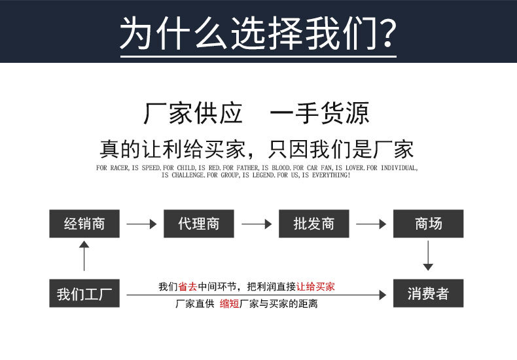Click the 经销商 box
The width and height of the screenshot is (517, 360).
pyautogui.click(x=84, y=224)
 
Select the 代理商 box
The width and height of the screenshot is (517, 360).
pyautogui.click(x=198, y=224)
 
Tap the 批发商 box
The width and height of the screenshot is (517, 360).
pyautogui.click(x=313, y=224)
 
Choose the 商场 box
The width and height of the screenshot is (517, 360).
pyautogui.click(x=428, y=224)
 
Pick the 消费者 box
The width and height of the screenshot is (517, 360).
pyautogui.click(x=428, y=294)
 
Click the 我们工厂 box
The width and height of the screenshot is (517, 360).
pyautogui.click(x=84, y=294)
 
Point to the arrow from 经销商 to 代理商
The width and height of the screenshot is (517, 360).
pyautogui.click(x=141, y=224)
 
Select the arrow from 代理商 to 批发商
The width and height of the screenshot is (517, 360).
pyautogui.click(x=256, y=224)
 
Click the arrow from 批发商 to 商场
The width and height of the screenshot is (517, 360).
pyautogui.click(x=371, y=224)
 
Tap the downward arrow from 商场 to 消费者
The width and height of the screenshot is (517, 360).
pyautogui.click(x=428, y=256)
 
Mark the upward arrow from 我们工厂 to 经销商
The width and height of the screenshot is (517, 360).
pyautogui.click(x=84, y=256)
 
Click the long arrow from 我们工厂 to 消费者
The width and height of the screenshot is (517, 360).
pyautogui.click(x=256, y=295)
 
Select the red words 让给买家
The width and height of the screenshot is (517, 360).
pyautogui.click(x=315, y=286)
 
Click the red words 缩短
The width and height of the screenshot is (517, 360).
pyautogui.click(x=229, y=304)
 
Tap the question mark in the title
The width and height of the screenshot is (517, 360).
pyautogui.click(x=387, y=33)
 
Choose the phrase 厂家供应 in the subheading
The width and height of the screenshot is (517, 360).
pyautogui.click(x=193, y=113)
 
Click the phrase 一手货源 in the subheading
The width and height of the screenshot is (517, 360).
pyautogui.click(x=320, y=113)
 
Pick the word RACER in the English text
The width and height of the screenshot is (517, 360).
pyautogui.click(x=119, y=168)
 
